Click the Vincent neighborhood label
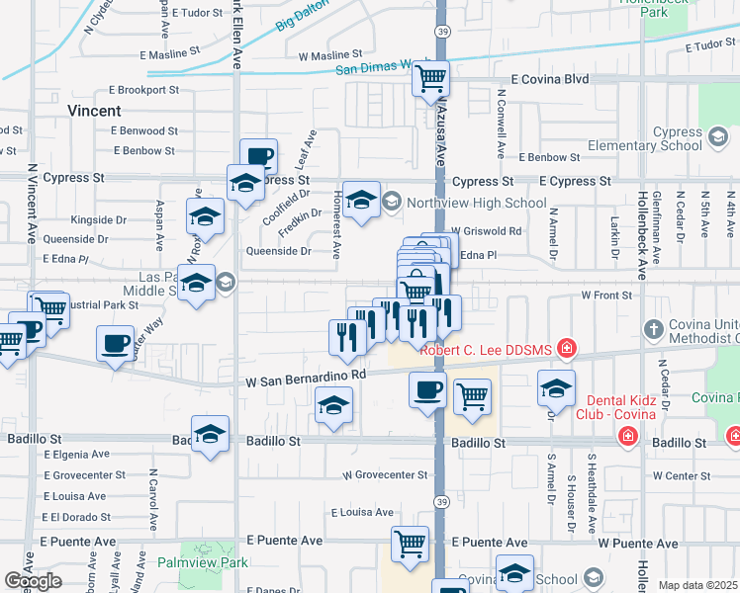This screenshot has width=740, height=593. (x=95, y=112)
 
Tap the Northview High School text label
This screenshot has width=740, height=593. (x=475, y=204)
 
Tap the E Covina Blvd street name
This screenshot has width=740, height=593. (x=549, y=79)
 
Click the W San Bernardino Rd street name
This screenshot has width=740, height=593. (x=307, y=376)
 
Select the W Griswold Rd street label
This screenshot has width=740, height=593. (x=494, y=231)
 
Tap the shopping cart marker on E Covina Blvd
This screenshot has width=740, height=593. (x=430, y=78)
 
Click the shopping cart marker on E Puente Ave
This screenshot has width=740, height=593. (x=410, y=543)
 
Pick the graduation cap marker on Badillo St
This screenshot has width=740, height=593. (x=210, y=433)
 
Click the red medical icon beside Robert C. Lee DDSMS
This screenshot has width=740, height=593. (x=567, y=348)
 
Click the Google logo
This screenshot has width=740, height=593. (x=33, y=581)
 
